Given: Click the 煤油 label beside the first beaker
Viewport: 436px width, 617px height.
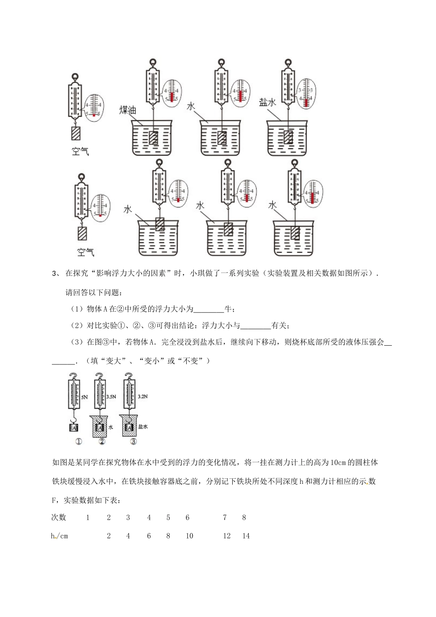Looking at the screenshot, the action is pyautogui.click(x=128, y=110).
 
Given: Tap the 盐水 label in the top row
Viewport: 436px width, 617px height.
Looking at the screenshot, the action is pyautogui.click(x=267, y=102).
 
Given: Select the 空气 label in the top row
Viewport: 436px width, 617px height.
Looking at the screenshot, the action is pyautogui.click(x=80, y=151).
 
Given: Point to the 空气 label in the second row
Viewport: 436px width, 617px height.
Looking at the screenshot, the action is pyautogui.click(x=85, y=252).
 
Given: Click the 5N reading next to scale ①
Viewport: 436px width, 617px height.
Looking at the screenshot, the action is pyautogui.click(x=84, y=396).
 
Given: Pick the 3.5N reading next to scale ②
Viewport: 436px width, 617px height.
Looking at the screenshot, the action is pyautogui.click(x=111, y=396).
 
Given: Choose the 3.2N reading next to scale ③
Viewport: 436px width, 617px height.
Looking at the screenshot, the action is pyautogui.click(x=143, y=396).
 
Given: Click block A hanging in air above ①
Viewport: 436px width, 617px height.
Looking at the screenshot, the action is pyautogui.click(x=74, y=427).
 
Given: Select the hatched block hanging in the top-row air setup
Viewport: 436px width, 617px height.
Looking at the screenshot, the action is pyautogui.click(x=76, y=133).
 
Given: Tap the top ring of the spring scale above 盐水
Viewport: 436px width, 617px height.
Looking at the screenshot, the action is pyautogui.click(x=288, y=62).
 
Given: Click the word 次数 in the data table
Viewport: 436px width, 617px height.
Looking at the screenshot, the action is pyautogui.click(x=59, y=517).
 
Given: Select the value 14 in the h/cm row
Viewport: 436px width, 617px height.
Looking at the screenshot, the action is pyautogui.click(x=246, y=536).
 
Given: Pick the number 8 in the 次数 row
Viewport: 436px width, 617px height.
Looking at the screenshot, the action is pyautogui.click(x=244, y=517).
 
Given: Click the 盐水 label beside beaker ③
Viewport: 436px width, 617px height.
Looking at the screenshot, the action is pyautogui.click(x=143, y=426).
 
